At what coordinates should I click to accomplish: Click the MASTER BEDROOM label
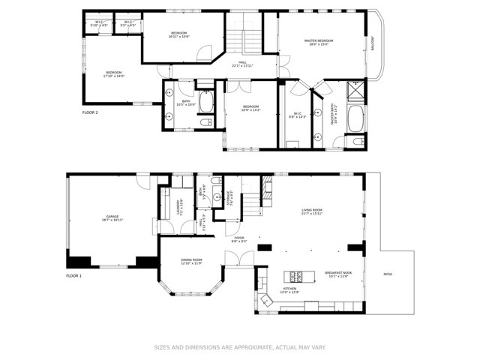pos(318,41)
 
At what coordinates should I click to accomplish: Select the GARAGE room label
pos(112,218)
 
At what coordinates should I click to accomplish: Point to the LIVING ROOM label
pos(311,211)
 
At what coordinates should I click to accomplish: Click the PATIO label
pos(388,274)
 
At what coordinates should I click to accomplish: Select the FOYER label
pos(238,239)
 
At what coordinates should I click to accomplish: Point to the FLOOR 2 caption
pos(90,112)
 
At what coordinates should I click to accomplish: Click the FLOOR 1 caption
pos(73,277)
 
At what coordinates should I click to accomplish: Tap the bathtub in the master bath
pos(357,118)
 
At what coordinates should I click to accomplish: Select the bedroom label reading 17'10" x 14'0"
pos(114,74)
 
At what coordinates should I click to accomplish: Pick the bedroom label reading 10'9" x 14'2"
pos(250,109)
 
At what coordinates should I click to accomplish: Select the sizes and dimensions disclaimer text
pos(240,347)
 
